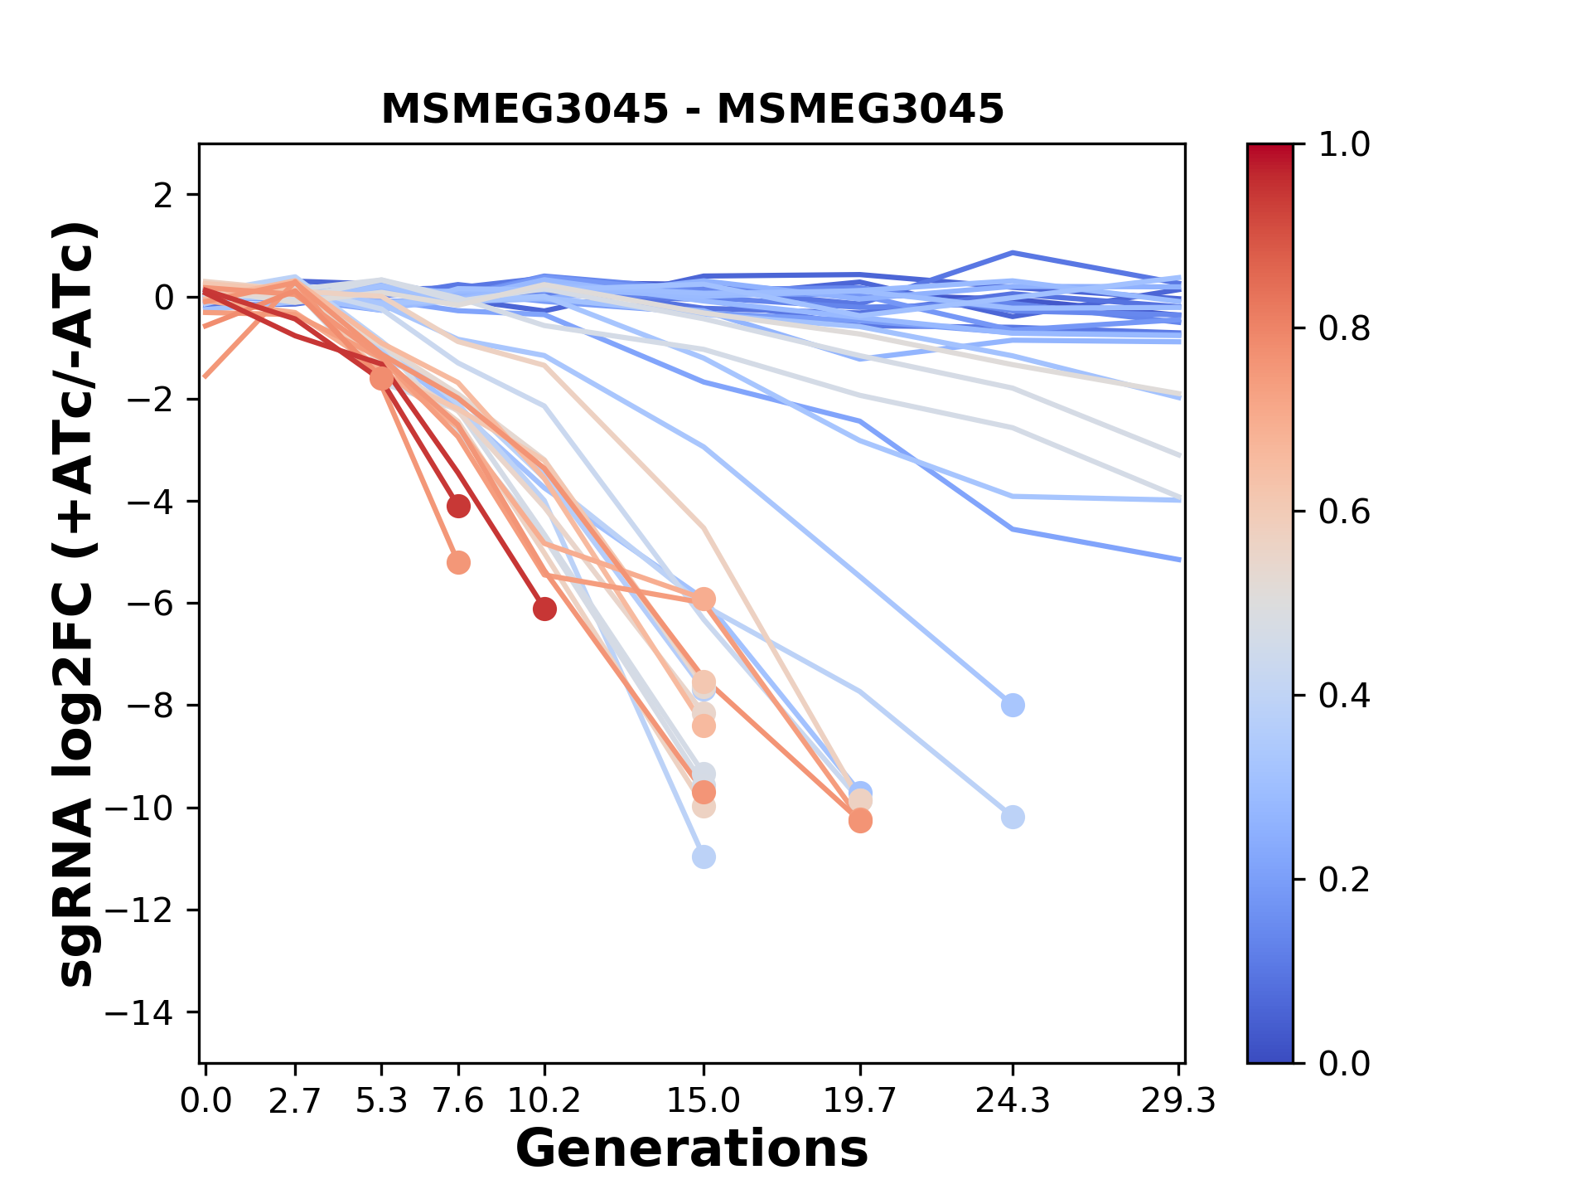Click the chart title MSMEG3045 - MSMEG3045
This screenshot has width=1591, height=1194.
point(692,109)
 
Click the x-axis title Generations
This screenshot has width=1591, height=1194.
point(692,1148)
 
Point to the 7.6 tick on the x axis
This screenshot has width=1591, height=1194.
point(458,1101)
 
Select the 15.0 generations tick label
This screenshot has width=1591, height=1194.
point(703,1101)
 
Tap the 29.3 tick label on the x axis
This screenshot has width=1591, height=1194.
point(1178,1101)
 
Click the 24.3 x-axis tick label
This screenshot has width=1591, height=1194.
point(1012,1101)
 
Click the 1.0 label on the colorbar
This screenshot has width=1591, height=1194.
point(1344,145)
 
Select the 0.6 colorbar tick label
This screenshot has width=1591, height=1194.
point(1344,512)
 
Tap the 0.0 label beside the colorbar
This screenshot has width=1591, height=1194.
point(1344,1063)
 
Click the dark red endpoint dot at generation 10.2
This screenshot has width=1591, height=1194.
point(544,609)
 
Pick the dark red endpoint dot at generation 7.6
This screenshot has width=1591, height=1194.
point(458,506)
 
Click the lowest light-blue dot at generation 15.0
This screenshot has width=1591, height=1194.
point(704,857)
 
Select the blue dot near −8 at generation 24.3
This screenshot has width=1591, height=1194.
point(1013,706)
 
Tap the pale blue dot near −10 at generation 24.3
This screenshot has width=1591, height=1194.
point(1013,818)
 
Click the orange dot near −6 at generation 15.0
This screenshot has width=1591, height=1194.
point(704,599)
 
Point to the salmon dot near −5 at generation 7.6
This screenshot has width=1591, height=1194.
point(458,563)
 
